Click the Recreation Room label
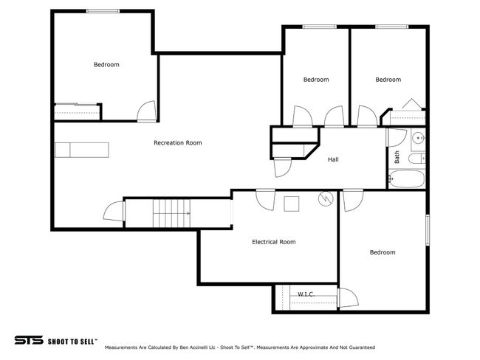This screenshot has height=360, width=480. tap(177, 143)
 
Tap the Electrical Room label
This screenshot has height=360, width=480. tap(274, 242)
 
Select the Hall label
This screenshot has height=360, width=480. tap(333, 159)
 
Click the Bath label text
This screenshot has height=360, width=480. tap(397, 157)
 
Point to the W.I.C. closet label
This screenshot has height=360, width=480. tap(306, 294)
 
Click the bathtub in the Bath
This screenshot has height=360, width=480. tap(406, 179)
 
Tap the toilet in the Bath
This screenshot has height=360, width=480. tap(417, 159)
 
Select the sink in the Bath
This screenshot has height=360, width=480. tap(418, 138)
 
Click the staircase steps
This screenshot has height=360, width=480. tap(171, 213)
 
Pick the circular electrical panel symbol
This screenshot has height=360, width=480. tap(326, 198)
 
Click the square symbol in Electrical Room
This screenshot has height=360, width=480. tap(292, 204)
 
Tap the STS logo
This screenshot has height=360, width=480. tap(29, 340)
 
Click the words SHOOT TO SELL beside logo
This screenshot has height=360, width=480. tap(72, 342)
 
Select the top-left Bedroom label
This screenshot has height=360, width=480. tap(106, 64)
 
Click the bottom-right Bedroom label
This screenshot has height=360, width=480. tap(383, 252)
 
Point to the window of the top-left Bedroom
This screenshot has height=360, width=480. tap(103, 11)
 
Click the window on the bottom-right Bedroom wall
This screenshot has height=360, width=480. tap(428, 230)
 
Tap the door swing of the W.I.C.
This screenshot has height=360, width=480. tap(348, 297)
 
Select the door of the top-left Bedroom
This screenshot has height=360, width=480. tap(147, 111)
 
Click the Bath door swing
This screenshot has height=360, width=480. tap(397, 138)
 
